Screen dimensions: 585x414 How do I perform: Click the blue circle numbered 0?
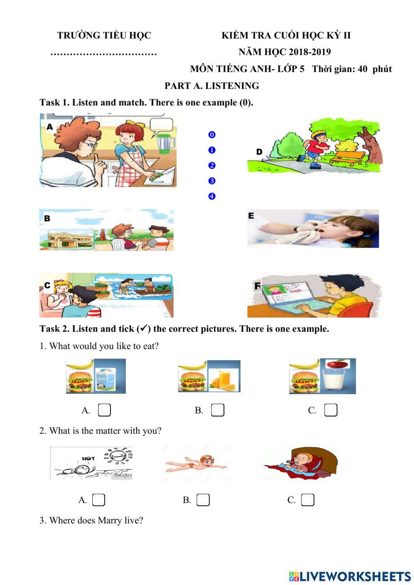click(212, 135)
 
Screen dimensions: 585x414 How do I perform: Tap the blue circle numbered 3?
click(212, 181)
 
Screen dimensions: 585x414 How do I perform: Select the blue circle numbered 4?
click(212, 196)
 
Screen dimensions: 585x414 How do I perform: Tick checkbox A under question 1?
click(104, 410)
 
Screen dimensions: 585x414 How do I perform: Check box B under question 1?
click(217, 410)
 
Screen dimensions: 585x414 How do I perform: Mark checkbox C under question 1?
click(330, 410)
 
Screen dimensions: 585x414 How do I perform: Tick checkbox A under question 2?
click(99, 500)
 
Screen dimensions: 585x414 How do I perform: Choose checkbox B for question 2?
click(203, 500)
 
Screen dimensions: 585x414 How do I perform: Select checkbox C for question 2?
click(308, 500)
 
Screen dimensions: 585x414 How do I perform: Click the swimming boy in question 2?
click(197, 464)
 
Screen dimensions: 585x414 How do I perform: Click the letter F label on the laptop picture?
click(258, 286)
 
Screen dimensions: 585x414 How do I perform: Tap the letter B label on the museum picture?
click(47, 218)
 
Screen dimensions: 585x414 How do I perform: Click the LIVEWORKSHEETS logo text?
click(355, 576)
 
